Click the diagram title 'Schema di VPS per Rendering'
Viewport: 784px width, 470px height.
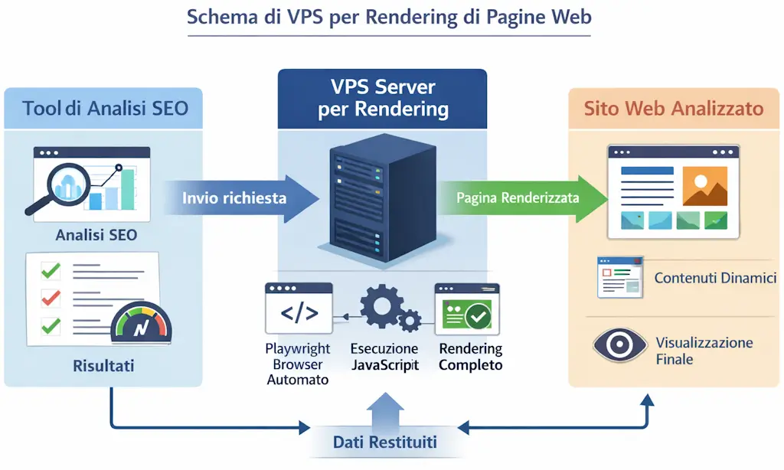pos(389,18)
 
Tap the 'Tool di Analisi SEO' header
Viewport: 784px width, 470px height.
pos(105,108)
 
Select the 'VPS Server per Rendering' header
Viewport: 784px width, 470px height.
pos(383,98)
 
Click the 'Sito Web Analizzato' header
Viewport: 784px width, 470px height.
pos(674,108)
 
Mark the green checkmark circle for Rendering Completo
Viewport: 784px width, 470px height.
pos(479,314)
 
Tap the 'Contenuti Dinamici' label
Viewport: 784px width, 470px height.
pos(715,278)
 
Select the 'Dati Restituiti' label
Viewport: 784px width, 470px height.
pos(384,442)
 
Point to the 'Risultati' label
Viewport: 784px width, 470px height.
pos(103,366)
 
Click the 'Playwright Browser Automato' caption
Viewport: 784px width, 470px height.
pos(297,364)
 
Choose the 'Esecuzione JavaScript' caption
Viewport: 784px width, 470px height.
pos(384,357)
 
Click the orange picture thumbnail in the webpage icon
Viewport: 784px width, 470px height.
pos(704,185)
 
